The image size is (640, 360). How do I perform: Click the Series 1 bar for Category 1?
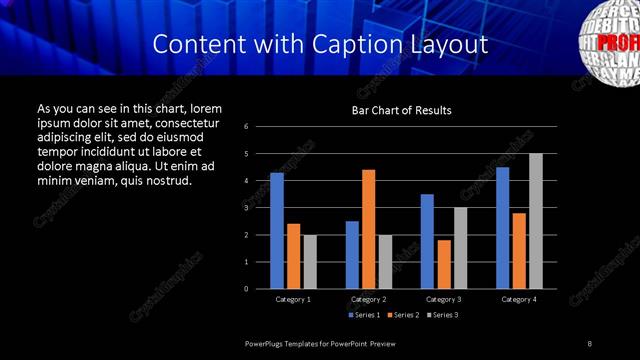[277, 231]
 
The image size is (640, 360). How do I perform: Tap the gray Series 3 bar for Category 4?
[535, 221]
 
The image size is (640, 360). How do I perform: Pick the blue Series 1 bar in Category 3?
[427, 241]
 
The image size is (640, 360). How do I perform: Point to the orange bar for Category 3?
[443, 264]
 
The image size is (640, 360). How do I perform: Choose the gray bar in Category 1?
[309, 262]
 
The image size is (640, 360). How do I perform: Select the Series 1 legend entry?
[364, 315]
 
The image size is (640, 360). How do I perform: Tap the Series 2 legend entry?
[402, 315]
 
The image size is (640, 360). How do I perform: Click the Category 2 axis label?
[368, 299]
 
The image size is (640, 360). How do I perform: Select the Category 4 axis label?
[518, 299]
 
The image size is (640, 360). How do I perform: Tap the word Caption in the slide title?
[363, 45]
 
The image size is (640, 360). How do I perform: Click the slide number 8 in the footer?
[590, 343]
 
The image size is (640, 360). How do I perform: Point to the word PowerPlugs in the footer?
[266, 343]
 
